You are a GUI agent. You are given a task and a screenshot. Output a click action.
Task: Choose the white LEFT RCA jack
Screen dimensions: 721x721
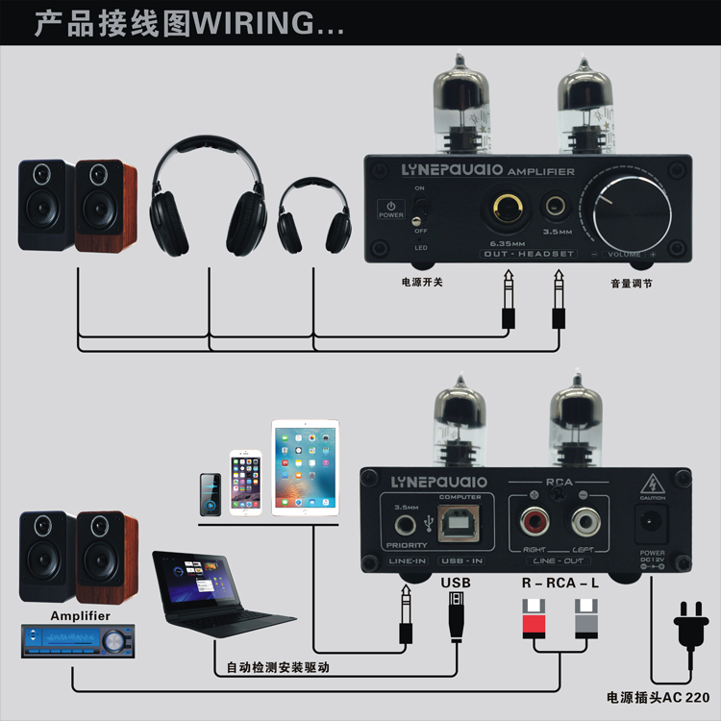(584, 523)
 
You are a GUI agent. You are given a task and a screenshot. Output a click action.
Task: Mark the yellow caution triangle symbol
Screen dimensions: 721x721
(654, 484)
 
